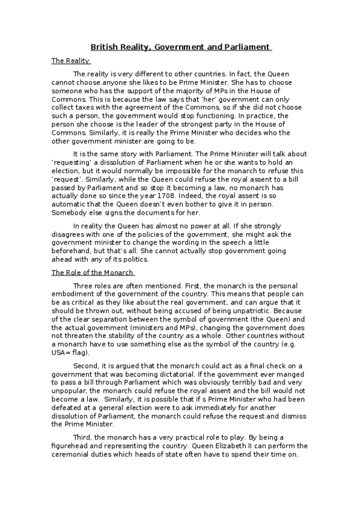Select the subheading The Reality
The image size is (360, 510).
70,61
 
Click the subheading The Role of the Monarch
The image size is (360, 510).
92,272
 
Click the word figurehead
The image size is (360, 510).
70,446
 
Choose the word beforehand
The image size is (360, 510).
71,251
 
